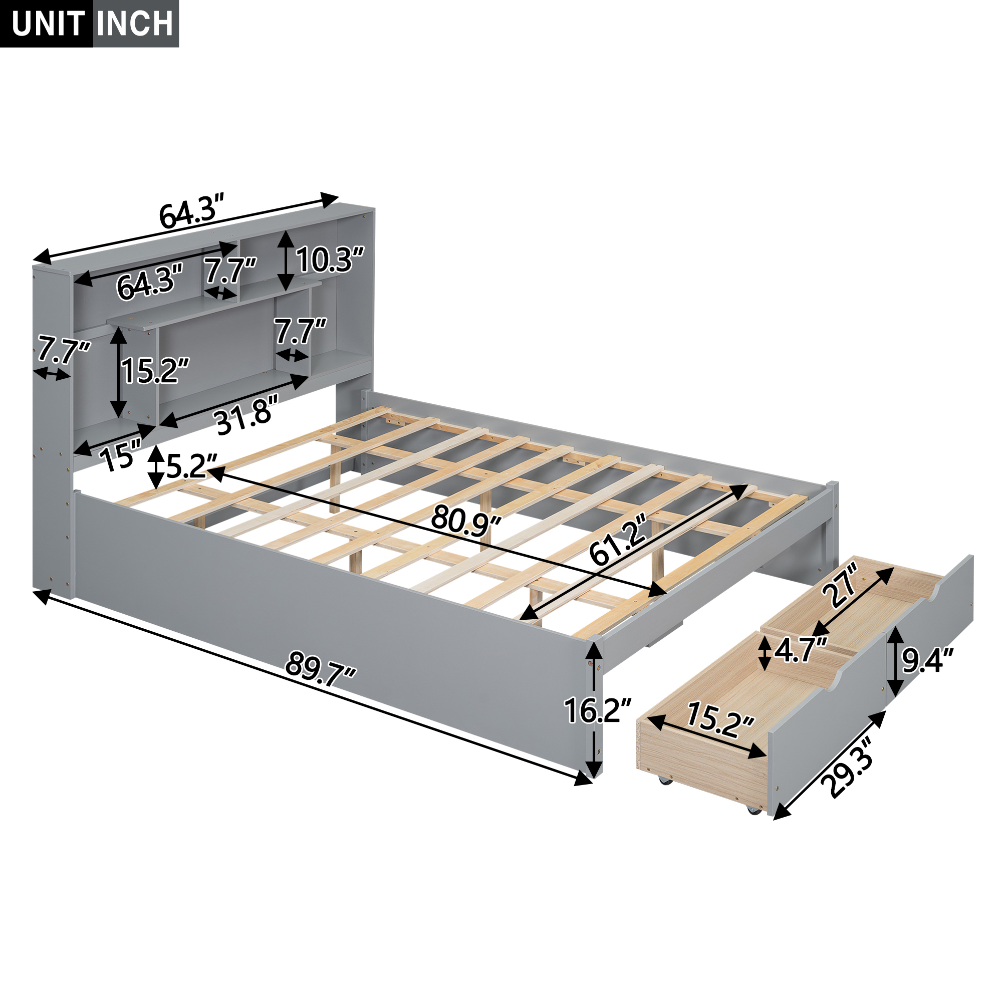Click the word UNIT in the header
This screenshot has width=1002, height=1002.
48,24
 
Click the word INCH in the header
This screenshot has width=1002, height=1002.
136,24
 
